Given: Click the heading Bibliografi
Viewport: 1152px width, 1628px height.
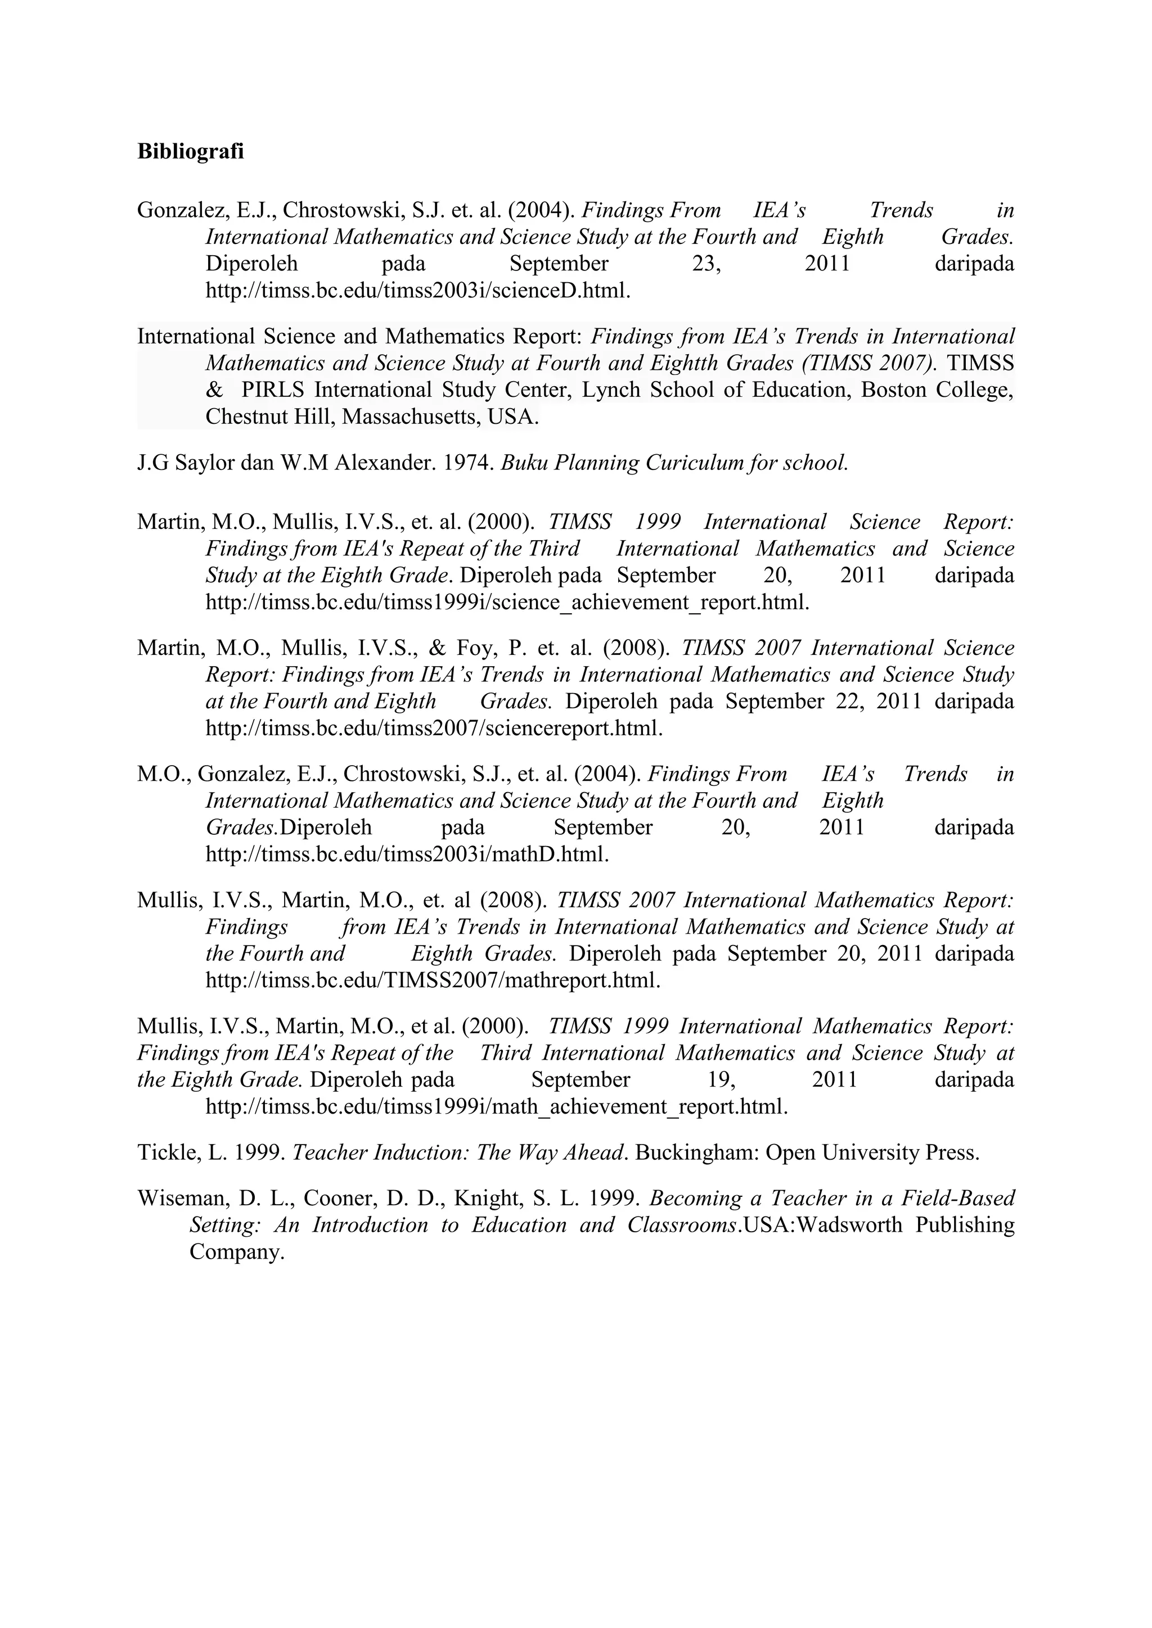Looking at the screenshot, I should coord(190,152).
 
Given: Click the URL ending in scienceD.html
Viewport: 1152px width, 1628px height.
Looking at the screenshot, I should coord(418,291).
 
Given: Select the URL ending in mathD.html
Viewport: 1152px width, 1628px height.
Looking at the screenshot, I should coord(407,854).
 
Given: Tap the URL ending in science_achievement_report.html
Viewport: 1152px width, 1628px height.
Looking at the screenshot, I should coord(507,603).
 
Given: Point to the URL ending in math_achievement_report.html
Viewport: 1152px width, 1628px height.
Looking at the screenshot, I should coord(497,1107).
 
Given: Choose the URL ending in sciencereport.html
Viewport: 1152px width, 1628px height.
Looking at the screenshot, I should coord(434,728).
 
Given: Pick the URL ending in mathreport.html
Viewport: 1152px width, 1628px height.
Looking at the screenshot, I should coord(433,980).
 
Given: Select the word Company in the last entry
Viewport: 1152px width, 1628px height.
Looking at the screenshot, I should coord(236,1252).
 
